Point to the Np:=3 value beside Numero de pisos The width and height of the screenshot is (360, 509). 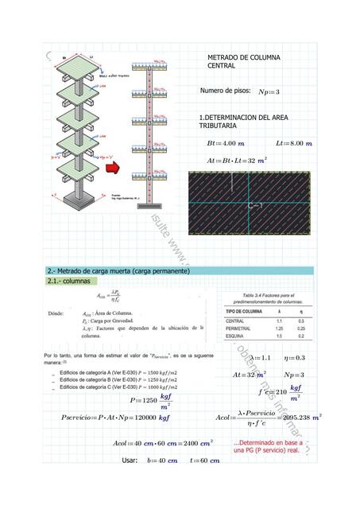(x=270, y=92)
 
